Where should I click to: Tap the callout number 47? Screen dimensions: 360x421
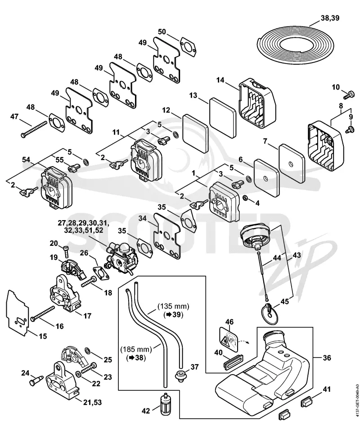click(14, 117)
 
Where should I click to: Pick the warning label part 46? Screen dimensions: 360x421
click(229, 339)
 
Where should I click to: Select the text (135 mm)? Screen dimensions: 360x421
click(173, 306)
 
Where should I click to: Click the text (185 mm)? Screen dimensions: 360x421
click(136, 349)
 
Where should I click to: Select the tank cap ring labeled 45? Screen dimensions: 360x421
click(270, 313)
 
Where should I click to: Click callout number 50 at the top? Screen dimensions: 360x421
click(162, 32)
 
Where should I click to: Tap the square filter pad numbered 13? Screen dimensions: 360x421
click(222, 118)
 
